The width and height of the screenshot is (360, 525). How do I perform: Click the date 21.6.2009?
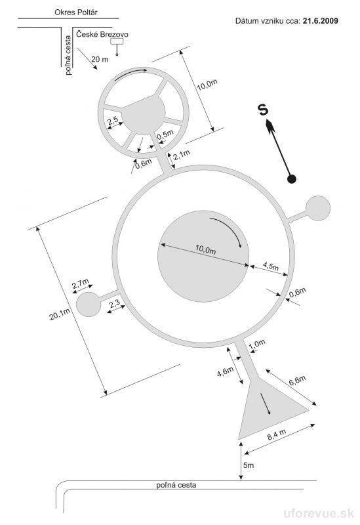(x=320, y=21)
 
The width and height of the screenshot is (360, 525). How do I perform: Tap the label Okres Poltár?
(x=76, y=12)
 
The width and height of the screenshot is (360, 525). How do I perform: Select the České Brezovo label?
(x=102, y=34)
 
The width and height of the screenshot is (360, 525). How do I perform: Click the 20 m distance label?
(x=100, y=59)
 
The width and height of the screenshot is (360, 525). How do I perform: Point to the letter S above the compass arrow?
(x=264, y=110)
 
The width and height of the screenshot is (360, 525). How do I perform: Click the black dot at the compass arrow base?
(x=292, y=179)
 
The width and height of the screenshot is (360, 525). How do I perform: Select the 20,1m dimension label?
(x=60, y=314)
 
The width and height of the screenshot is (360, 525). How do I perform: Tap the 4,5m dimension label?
(x=270, y=266)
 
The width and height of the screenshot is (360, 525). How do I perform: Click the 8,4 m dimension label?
(x=277, y=434)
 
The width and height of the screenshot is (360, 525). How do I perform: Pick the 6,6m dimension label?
(x=297, y=381)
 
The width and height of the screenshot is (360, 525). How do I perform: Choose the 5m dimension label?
(x=249, y=465)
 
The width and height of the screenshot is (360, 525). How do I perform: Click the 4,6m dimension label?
(x=225, y=371)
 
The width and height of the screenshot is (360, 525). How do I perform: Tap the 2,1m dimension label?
(x=182, y=155)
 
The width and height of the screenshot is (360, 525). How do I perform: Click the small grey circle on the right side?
(x=318, y=208)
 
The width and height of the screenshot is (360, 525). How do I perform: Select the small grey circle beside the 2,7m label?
(x=89, y=304)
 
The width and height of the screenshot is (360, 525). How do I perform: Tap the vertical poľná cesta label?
(x=68, y=55)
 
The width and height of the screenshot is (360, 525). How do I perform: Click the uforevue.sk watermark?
(x=319, y=513)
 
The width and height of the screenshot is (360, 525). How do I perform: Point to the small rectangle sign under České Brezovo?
(x=117, y=41)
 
